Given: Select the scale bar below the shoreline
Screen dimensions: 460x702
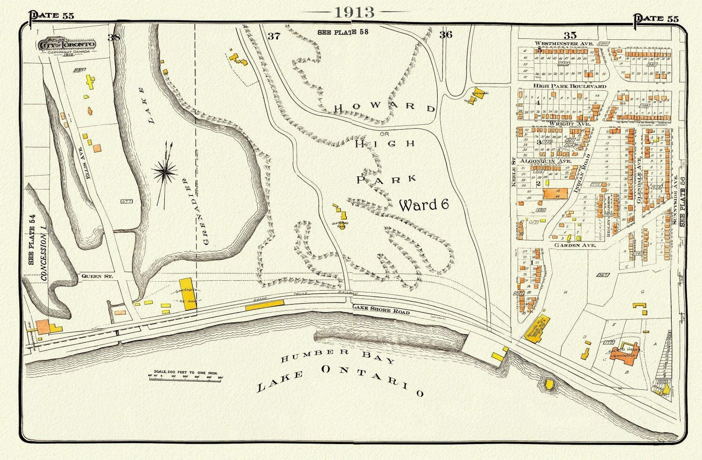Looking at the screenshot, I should coord(185,376).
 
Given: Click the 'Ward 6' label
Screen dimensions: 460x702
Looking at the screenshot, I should coord(424,205).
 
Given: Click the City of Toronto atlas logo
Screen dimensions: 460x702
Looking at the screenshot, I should coord(68,45).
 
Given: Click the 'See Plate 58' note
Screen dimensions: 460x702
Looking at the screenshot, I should coord(343,33).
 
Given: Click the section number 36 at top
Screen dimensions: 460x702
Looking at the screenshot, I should coord(445,34).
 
